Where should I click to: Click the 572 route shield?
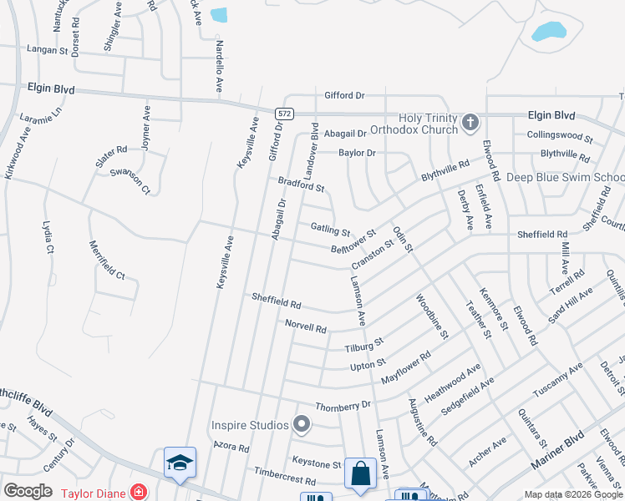point(284,112)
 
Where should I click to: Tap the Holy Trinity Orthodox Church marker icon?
point(470,123)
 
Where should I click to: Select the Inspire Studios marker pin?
point(302,426)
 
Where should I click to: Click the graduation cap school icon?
point(180,463)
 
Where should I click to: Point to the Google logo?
point(28,491)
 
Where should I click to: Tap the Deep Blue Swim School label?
point(566,177)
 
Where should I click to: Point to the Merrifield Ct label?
point(106,260)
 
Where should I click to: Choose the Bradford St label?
point(301,184)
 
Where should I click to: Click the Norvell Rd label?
point(305,326)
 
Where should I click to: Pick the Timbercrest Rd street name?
point(285,477)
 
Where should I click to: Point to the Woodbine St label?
point(433,316)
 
